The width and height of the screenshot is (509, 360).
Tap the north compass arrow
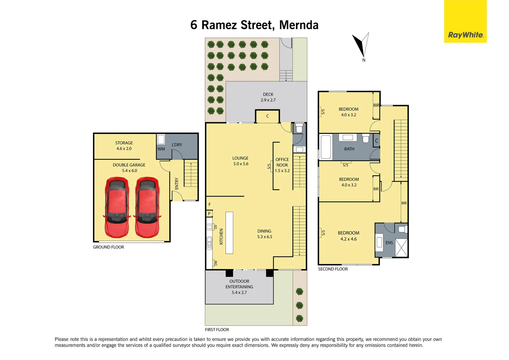coord(361,45)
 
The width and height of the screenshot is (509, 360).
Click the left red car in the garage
coord(117,207)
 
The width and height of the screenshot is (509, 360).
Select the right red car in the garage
coord(147,207)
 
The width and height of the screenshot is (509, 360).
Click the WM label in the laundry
coord(161,149)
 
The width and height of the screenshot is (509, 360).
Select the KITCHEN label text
coord(221,237)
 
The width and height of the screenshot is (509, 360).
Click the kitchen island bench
coord(229,233)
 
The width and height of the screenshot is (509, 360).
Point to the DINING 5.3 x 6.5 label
coord(264,234)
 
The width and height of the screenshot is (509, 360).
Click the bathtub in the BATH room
coord(326,147)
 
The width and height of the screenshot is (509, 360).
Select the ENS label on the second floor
coord(389,243)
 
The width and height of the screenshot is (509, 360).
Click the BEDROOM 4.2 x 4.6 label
coord(348,236)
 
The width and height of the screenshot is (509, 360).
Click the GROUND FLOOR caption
coord(108,247)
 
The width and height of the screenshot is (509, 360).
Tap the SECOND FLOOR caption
coord(333,269)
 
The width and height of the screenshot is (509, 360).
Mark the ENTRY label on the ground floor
coord(177,184)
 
